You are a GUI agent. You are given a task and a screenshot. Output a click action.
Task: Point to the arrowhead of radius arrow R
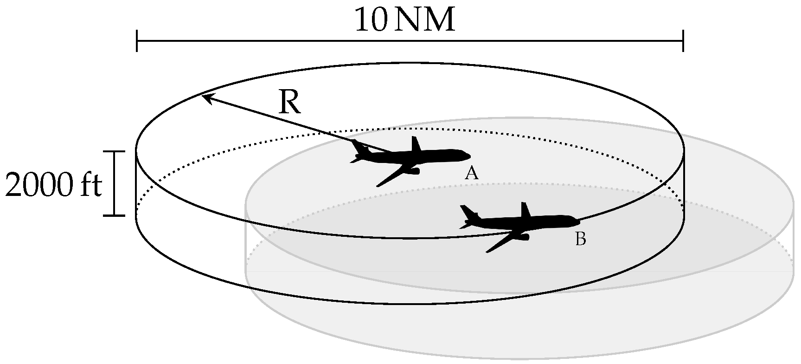point(206,97)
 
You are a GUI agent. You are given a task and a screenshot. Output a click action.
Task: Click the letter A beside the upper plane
point(471,173)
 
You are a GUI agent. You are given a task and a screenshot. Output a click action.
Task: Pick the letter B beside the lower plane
point(580,239)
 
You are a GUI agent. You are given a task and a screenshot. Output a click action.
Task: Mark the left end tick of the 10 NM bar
point(137,40)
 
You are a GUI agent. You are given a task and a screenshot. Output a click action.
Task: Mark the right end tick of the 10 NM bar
point(683,40)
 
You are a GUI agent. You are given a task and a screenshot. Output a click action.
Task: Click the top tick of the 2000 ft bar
point(114,151)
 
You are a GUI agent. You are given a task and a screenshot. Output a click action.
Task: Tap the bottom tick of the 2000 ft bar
point(114,215)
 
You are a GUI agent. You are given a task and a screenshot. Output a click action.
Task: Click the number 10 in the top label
point(370,21)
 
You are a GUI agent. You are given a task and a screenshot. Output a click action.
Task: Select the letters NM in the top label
point(426,21)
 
